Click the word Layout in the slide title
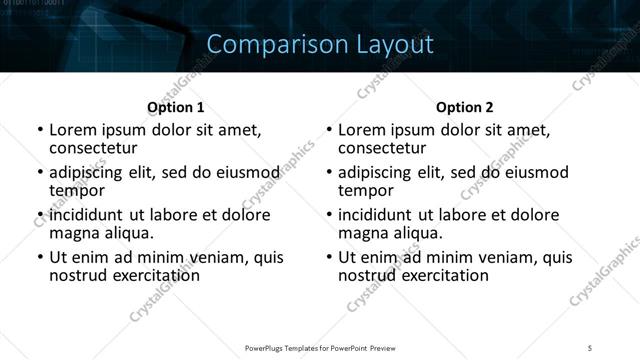coord(391,44)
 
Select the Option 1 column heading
coord(175,106)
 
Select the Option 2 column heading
coord(465,106)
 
